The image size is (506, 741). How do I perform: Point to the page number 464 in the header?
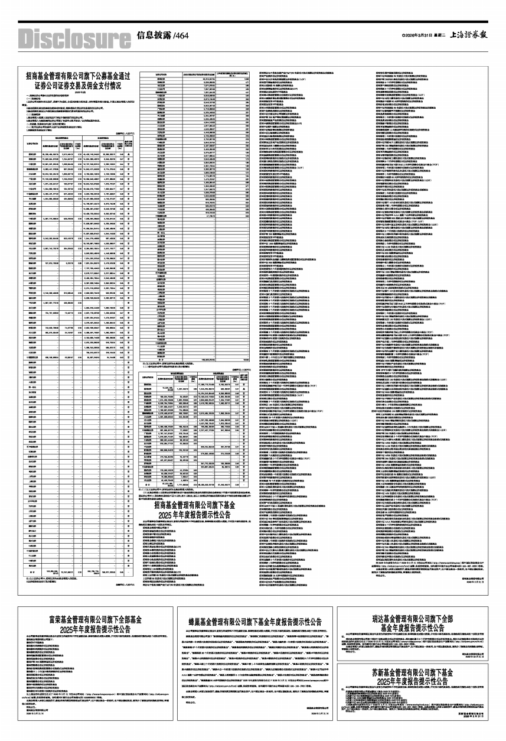(x=179, y=36)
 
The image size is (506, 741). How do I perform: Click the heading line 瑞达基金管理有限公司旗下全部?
(x=419, y=617)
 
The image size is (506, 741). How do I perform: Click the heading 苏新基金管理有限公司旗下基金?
(x=419, y=673)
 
